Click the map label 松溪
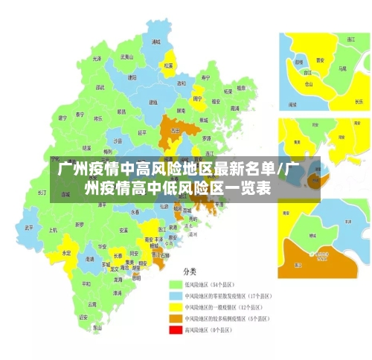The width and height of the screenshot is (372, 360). pos(169,65)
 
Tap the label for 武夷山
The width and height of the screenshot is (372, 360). pos(127,57)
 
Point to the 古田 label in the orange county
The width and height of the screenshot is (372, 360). pos(176,130)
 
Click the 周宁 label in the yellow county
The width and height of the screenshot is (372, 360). pos(198,98)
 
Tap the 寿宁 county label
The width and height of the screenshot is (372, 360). pos(206,77)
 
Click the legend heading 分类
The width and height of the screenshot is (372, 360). pos(190,270)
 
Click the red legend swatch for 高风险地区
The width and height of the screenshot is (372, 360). pos(176,330)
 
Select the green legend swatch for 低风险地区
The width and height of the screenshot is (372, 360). pos(176,285)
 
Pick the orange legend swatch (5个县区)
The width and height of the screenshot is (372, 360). pos(176,318)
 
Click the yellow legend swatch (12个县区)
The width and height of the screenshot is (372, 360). pos(176,307)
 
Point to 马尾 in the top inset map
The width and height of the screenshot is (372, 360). pos(341,68)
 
